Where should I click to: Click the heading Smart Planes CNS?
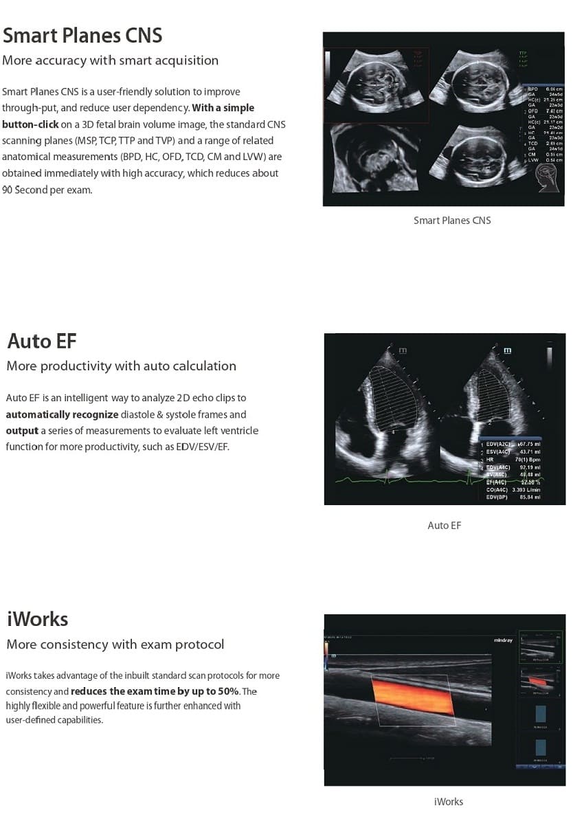(x=82, y=35)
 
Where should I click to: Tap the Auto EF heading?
(x=42, y=341)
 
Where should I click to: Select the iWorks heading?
(x=37, y=619)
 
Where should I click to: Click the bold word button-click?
(x=30, y=124)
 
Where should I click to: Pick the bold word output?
(x=22, y=431)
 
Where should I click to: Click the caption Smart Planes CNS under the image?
(x=452, y=221)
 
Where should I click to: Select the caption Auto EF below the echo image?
(x=444, y=526)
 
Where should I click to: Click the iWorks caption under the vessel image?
(x=448, y=802)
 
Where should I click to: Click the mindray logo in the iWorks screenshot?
(x=503, y=640)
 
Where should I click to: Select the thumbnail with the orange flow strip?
(x=541, y=680)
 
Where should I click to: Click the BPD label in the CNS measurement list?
(x=532, y=89)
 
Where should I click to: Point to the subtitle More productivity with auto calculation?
(x=121, y=366)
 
